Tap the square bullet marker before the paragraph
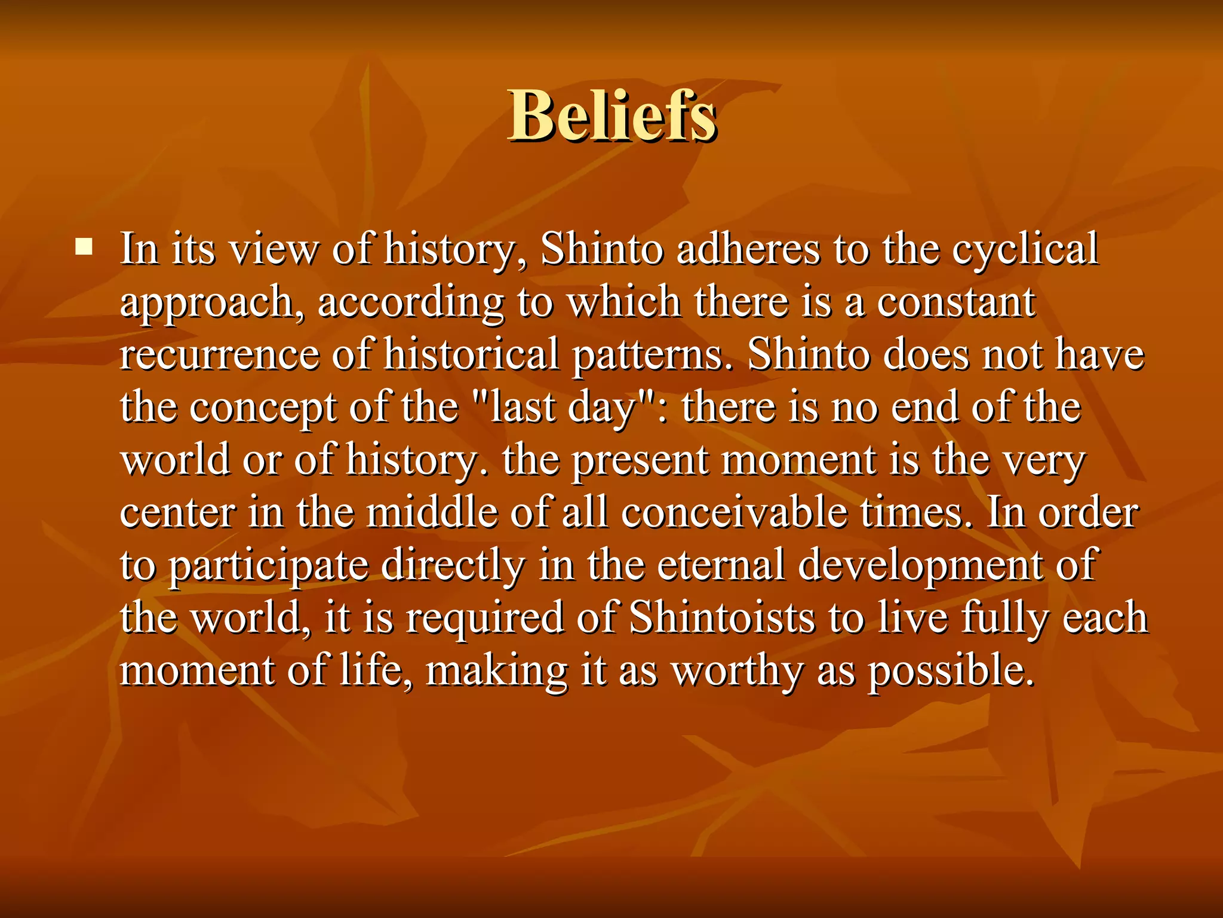click(x=84, y=246)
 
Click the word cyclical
click(x=1025, y=249)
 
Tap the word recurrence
click(x=219, y=354)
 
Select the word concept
click(x=263, y=407)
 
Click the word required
click(x=484, y=618)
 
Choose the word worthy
click(x=737, y=671)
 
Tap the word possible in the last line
click(x=951, y=671)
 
